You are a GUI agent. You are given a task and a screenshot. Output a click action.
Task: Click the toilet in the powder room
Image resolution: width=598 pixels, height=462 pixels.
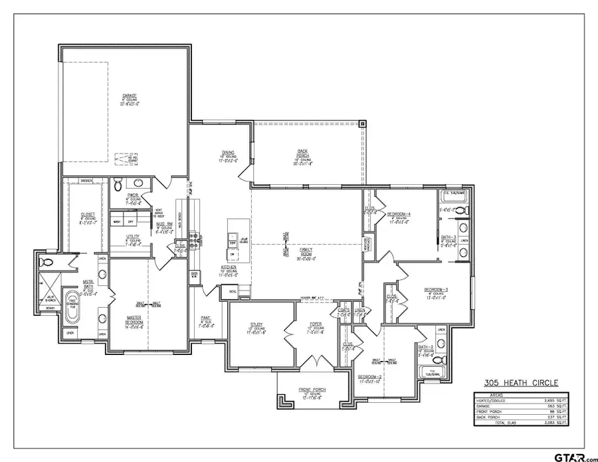tap(117, 183)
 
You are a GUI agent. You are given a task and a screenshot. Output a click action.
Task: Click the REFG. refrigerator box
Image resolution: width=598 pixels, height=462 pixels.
tap(233, 290)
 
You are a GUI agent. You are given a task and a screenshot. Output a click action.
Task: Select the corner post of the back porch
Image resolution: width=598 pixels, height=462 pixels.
tap(362, 123)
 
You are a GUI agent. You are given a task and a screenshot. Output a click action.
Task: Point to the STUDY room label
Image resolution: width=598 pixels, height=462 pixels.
tap(256, 324)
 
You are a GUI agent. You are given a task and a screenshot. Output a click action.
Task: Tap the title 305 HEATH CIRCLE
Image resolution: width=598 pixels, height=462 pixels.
tap(521, 383)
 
